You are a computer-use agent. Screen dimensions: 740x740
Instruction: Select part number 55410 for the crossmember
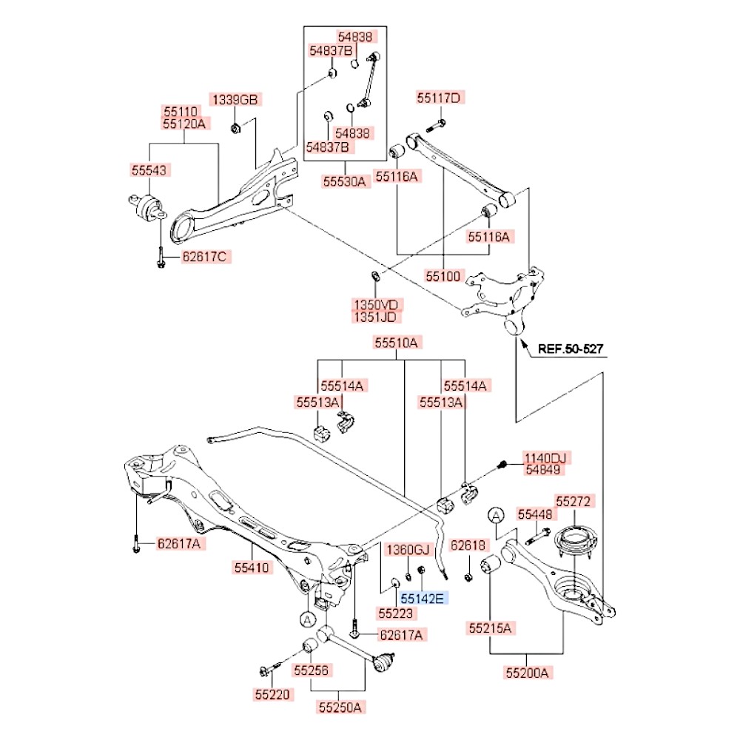(x=254, y=568)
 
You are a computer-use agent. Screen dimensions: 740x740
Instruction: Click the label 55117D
(x=438, y=98)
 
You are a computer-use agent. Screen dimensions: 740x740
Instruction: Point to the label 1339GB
(x=235, y=99)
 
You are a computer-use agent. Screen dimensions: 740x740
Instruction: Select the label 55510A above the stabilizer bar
(x=397, y=343)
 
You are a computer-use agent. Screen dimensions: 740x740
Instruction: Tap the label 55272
(x=575, y=502)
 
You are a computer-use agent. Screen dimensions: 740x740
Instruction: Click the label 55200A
(x=528, y=673)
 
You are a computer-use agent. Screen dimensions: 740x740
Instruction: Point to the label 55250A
(x=340, y=707)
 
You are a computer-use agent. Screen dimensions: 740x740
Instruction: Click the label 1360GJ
(x=408, y=549)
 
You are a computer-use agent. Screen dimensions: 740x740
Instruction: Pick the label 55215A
(x=490, y=629)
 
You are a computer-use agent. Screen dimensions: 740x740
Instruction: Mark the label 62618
(x=468, y=546)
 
